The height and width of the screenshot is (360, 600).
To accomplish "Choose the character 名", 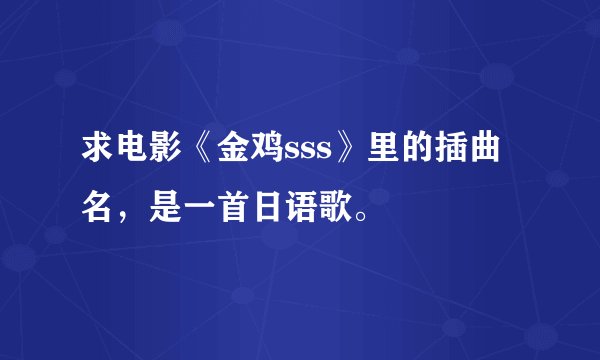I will click(100, 207).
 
